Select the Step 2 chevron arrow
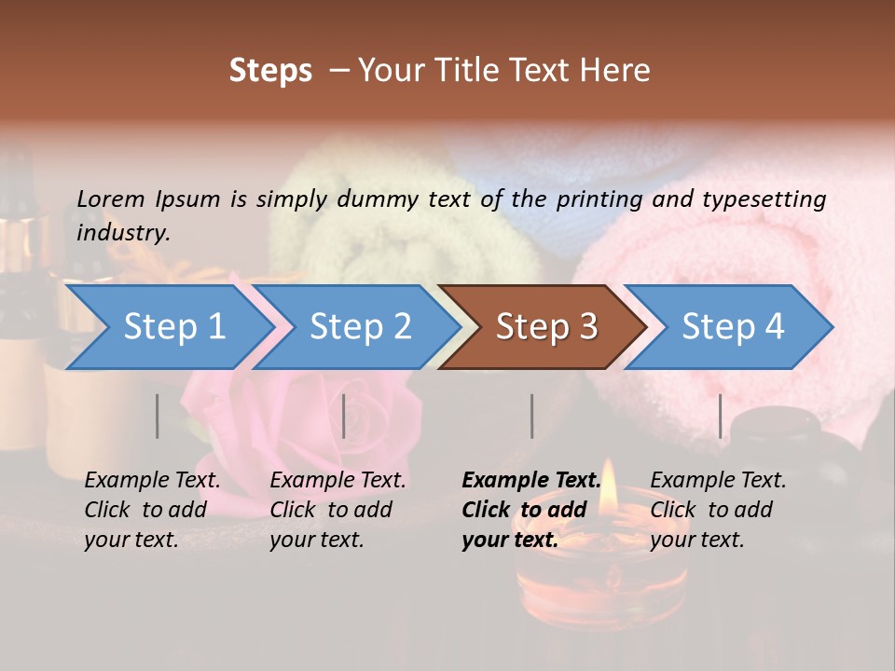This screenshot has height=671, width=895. point(360,327)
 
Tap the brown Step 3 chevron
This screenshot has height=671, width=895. point(545,327)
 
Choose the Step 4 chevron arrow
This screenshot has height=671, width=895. point(732,327)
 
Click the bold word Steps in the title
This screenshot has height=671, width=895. point(270,71)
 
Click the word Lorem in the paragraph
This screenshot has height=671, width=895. point(111,199)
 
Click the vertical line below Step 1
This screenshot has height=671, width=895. point(158,416)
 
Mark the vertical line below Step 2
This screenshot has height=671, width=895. point(344,416)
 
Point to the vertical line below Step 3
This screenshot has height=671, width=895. point(531,416)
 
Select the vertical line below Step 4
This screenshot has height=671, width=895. point(720,416)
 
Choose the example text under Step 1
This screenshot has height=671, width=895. point(152,510)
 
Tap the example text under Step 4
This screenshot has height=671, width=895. point(718,510)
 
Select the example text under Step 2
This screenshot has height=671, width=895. point(337,510)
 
